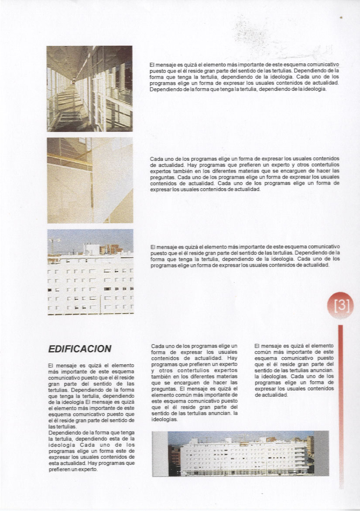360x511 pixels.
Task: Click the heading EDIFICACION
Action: point(80,349)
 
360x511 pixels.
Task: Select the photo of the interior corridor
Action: point(89,89)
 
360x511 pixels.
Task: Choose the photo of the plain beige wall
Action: point(89,180)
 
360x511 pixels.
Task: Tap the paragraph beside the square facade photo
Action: point(244,255)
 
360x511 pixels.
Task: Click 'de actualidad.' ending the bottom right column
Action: point(271,394)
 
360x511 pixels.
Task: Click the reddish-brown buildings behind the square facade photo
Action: point(111,249)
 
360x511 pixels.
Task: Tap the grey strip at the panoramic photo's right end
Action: point(322,454)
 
